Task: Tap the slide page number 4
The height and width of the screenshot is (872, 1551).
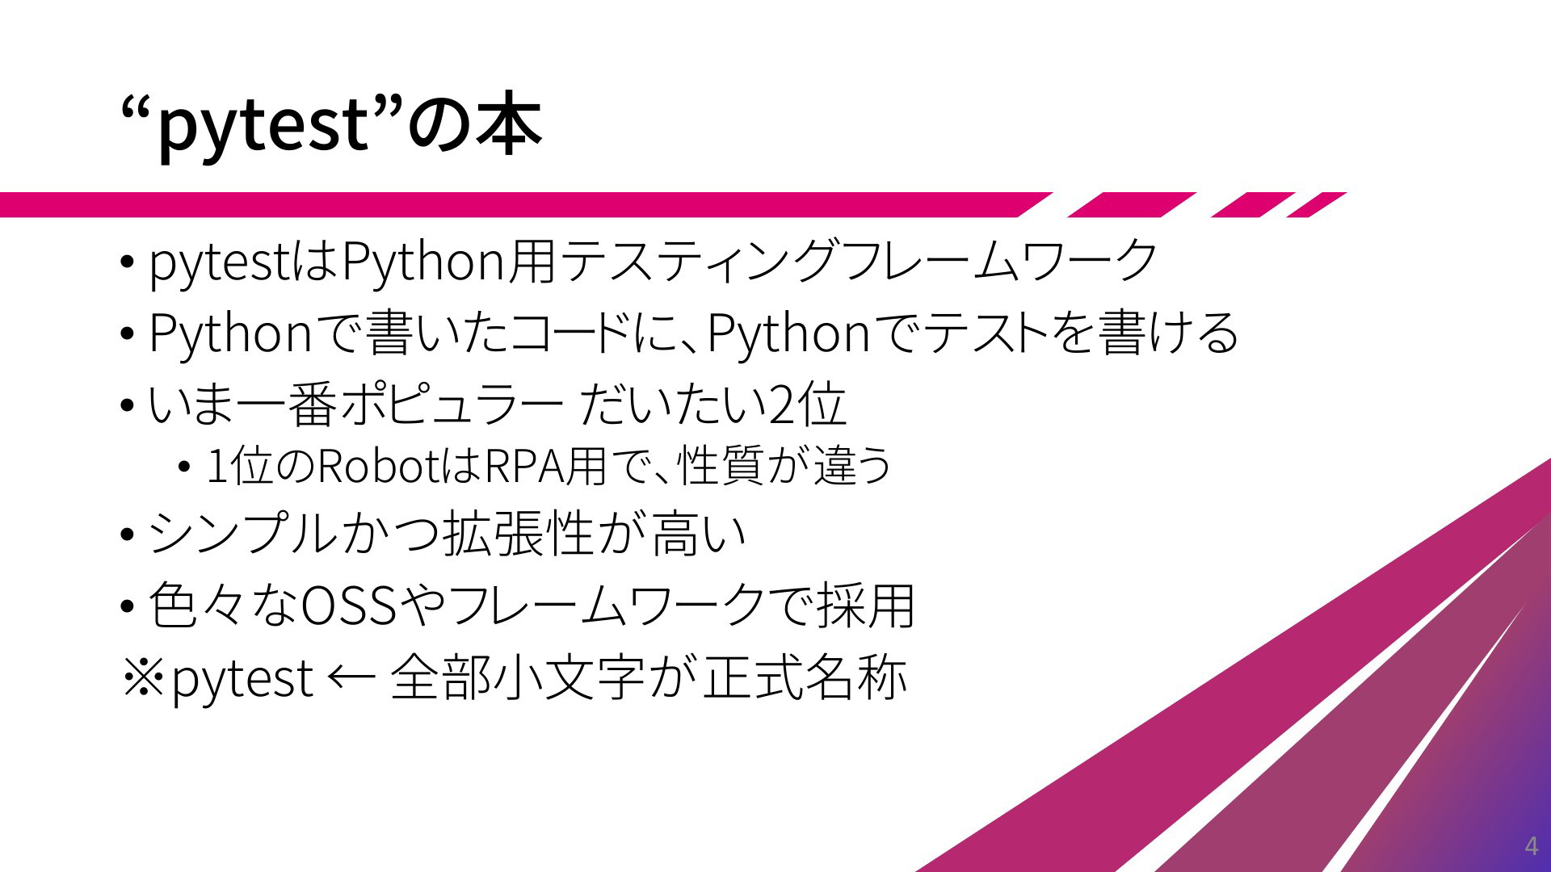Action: click(1530, 847)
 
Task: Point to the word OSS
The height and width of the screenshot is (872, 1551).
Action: click(349, 605)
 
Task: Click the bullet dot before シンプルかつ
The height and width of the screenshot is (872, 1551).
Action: click(127, 535)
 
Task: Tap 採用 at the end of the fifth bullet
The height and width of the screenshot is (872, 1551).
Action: click(866, 605)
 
